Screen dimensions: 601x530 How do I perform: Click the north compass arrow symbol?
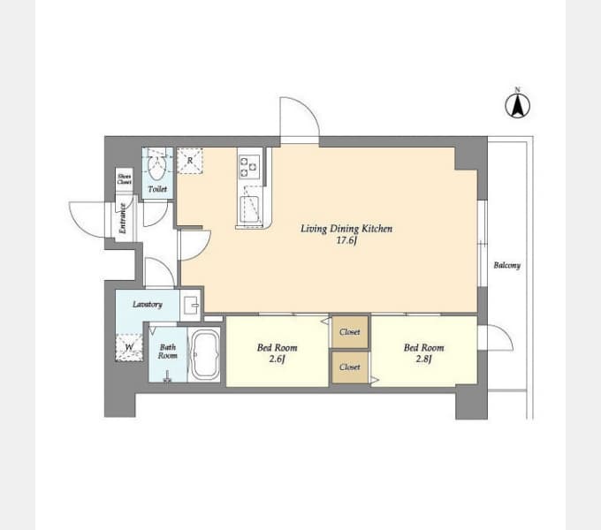[x=517, y=104]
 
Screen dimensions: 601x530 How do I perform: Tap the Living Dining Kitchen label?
[x=346, y=229]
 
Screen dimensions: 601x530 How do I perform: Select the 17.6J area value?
[x=346, y=240]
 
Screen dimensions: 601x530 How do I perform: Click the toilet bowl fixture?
[x=156, y=169]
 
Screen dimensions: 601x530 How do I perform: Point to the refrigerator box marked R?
[x=190, y=162]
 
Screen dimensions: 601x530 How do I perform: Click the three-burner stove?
[x=249, y=167]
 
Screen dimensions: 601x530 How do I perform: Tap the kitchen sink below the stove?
[x=250, y=209]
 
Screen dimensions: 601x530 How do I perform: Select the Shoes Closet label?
[x=125, y=178]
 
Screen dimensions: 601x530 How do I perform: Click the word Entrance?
[x=123, y=218]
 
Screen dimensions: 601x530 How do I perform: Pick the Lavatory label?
[x=148, y=305]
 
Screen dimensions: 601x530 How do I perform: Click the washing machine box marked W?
[x=129, y=347]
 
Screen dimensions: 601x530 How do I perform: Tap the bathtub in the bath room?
[x=205, y=354]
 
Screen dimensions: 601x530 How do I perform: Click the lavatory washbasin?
[x=191, y=305]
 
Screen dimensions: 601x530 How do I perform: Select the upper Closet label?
[x=350, y=332]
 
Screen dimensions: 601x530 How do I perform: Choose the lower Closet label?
[x=350, y=367]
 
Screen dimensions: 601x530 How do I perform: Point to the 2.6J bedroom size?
[x=277, y=360]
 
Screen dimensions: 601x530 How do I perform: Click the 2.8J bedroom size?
[x=424, y=360]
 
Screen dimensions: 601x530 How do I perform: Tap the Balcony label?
[x=507, y=265]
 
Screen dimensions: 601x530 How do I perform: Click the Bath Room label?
[x=168, y=352]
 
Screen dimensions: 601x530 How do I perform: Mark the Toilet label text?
[x=157, y=189]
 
